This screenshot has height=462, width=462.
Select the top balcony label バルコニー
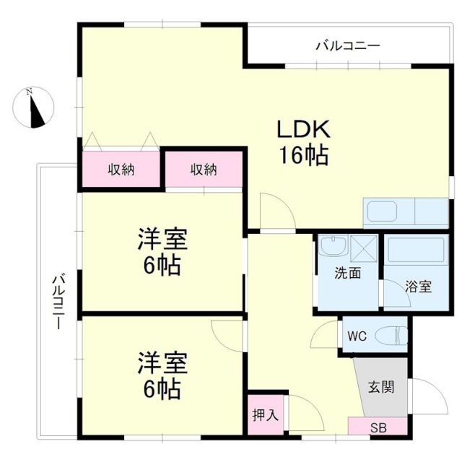tap(348, 46)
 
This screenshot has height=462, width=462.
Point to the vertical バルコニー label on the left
tap(57, 302)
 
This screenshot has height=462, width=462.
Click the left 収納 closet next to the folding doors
tap(121, 170)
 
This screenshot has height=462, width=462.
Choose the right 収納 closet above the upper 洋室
tap(204, 170)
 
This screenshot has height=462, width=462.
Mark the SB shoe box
tap(378, 427)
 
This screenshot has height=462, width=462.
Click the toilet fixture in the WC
tap(394, 336)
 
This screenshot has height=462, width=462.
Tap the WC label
tap(357, 336)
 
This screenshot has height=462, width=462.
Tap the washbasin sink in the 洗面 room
tap(334, 248)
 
